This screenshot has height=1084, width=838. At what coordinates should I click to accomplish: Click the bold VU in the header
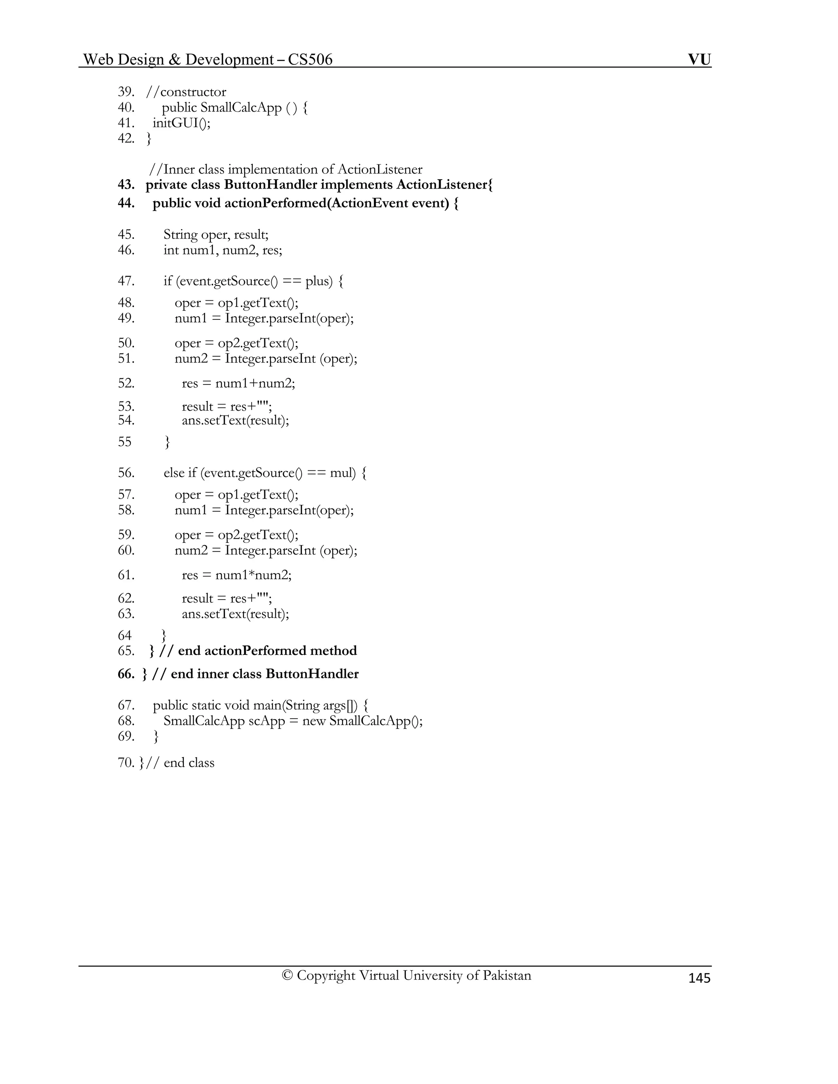coord(699,60)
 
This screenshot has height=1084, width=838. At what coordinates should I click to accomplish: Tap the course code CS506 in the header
coord(310,60)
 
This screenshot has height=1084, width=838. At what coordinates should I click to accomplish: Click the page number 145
coord(699,978)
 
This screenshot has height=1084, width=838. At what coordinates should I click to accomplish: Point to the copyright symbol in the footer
coord(287,975)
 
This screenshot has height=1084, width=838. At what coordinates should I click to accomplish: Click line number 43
coord(126,184)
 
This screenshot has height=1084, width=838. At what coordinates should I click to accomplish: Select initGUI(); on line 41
coord(181,123)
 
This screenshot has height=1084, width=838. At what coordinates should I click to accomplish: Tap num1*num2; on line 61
coord(253,575)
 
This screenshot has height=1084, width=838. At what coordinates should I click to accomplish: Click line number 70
coord(126,762)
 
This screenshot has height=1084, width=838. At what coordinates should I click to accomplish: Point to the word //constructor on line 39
coord(186,92)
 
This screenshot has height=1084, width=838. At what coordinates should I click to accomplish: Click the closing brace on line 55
coord(167,442)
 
